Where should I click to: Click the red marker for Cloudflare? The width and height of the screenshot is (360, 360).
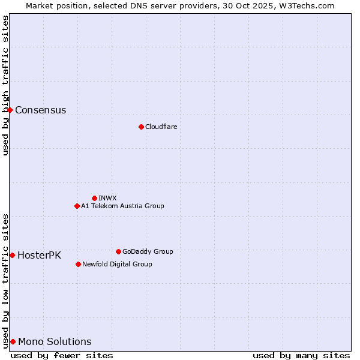coord(141,127)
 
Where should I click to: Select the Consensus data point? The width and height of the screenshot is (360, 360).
coord(10,110)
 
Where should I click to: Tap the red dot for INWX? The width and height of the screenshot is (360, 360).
coord(94,198)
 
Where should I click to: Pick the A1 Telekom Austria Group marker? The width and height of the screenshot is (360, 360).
coord(77,206)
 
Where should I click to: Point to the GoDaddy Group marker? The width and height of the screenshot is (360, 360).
coord(118,251)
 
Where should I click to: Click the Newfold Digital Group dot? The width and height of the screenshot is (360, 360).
coord(78,264)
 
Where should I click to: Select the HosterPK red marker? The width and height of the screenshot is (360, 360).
coord(12,255)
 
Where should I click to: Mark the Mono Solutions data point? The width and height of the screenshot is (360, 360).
coord(13,341)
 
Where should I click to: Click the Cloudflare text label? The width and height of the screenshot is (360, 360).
coord(161,127)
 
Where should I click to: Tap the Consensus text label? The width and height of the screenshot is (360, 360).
coord(40,110)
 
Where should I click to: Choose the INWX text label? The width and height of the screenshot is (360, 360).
coord(107,198)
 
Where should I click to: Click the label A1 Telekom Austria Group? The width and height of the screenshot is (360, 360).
coord(122,206)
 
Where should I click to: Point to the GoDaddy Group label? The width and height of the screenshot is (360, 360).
coord(148,251)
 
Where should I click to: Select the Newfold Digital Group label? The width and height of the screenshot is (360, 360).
coord(117,264)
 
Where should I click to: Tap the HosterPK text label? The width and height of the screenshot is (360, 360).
coord(39,255)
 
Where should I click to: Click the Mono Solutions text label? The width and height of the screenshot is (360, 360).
coord(55,341)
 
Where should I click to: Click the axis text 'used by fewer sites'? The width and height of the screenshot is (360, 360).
coord(62,355)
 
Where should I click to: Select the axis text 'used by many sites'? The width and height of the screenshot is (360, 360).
coord(301,355)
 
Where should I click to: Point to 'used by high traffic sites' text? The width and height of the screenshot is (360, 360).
coord(5,85)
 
